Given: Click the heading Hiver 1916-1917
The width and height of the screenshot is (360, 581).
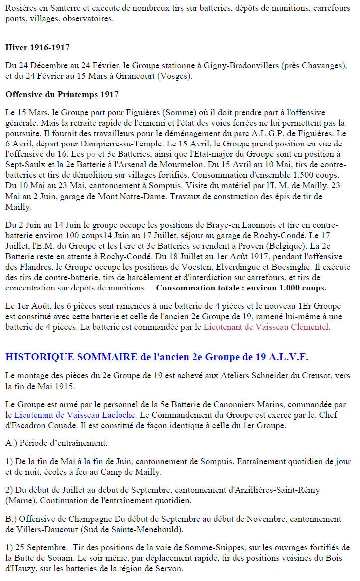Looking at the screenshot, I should click(x=37, y=48).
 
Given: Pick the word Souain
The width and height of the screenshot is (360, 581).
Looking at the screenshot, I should click(x=67, y=558).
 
